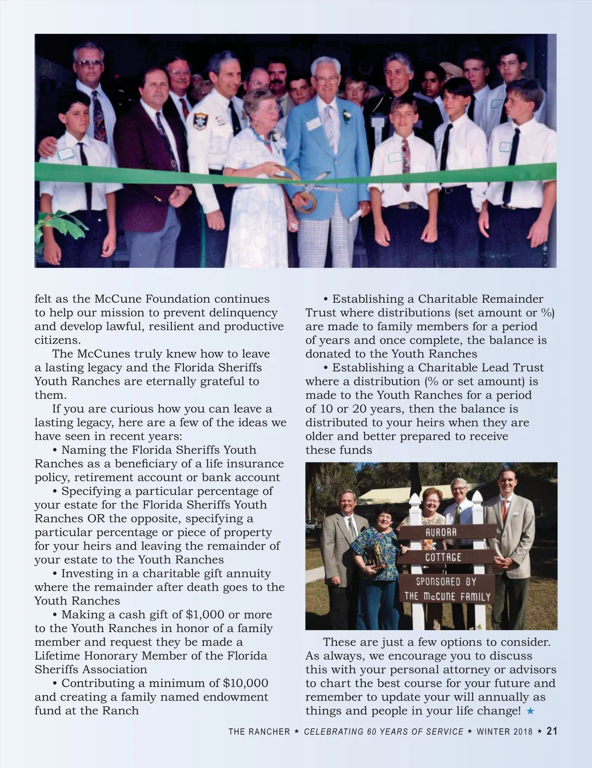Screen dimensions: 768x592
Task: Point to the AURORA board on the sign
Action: coord(441,532)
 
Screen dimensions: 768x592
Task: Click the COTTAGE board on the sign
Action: coord(444,557)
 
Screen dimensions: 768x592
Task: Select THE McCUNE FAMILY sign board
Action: coord(447,596)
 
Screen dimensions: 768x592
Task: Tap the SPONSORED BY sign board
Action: coord(445,581)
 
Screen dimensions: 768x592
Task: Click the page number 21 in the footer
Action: coord(552,731)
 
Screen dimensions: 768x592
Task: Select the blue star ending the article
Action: coord(530,711)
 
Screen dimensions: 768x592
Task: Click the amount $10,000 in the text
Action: coord(245,683)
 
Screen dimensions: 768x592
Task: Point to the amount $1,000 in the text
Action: coord(205,615)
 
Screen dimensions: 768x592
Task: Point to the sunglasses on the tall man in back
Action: coord(88,63)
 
